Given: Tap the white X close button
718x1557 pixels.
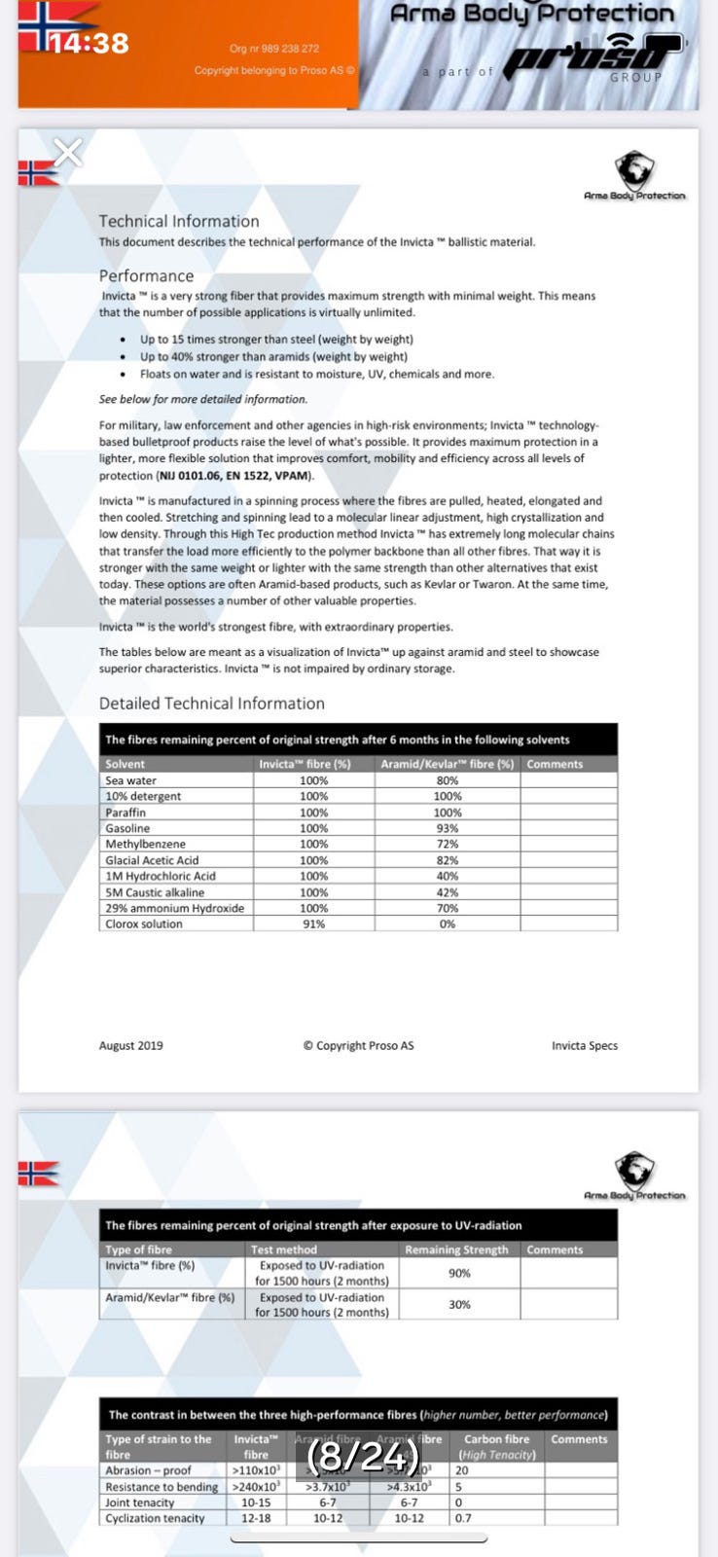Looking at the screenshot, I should [x=68, y=152].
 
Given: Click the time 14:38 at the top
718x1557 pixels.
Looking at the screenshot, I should [x=89, y=44].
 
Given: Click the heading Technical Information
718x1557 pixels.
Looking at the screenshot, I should [x=179, y=222].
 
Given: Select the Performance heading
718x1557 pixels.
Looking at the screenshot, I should [x=146, y=276].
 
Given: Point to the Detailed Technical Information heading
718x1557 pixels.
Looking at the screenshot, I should [x=211, y=704].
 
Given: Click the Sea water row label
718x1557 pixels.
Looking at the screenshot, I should [x=130, y=780].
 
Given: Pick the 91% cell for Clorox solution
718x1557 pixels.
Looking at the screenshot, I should [x=313, y=923].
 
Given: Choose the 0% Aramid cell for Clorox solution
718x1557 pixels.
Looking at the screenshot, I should [x=447, y=923].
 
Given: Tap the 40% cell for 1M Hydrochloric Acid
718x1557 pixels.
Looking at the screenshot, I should [x=447, y=876].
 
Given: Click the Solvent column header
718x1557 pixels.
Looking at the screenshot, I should [x=125, y=764].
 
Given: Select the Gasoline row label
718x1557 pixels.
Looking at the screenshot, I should [x=127, y=828].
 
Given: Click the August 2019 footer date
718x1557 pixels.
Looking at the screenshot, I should [x=130, y=1046].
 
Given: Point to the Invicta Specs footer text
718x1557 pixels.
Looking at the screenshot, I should [x=584, y=1046].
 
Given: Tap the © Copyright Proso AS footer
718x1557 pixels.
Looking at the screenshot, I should [x=358, y=1046].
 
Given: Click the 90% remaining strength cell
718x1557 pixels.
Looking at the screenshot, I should [x=459, y=1273].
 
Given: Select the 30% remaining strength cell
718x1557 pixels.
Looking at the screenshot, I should [x=459, y=1305].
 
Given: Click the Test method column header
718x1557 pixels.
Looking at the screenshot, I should [x=283, y=1249].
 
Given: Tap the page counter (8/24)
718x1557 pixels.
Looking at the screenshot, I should [x=363, y=1457].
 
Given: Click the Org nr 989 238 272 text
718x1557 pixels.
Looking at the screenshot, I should [x=273, y=49].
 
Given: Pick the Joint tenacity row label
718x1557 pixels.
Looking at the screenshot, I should [x=139, y=1503].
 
